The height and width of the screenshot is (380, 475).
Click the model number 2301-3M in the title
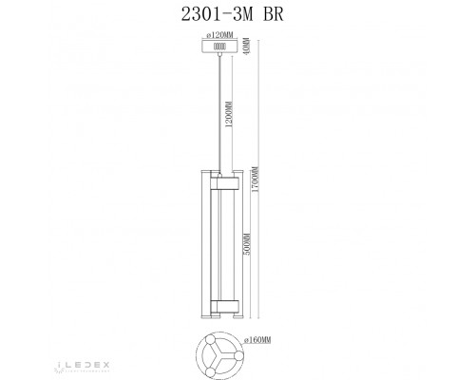206,14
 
